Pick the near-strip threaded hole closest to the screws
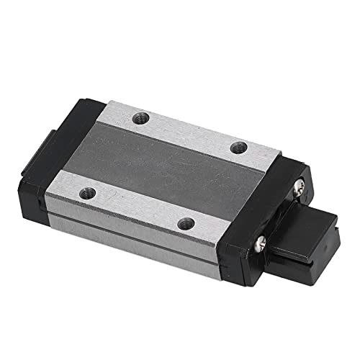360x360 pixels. (x=186, y=222)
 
